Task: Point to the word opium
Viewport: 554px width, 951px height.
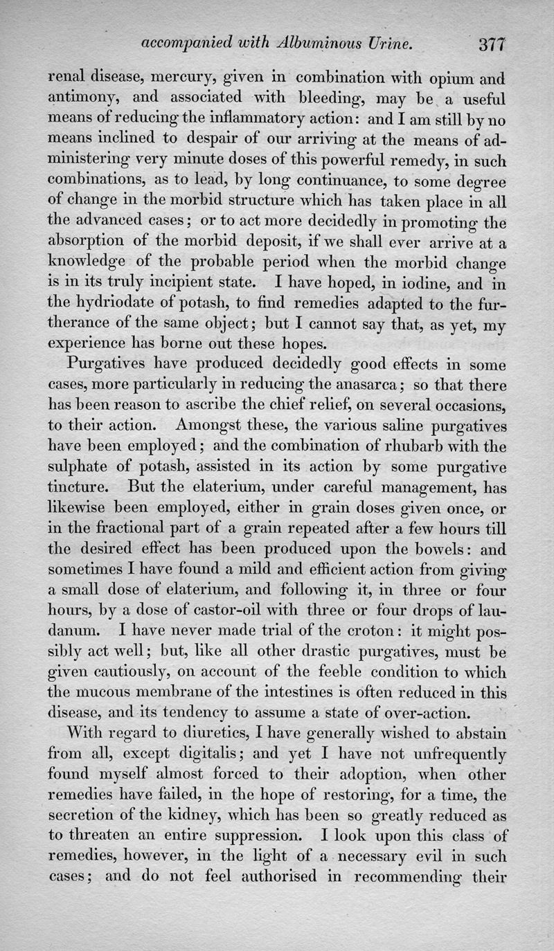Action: [x=440, y=80]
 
